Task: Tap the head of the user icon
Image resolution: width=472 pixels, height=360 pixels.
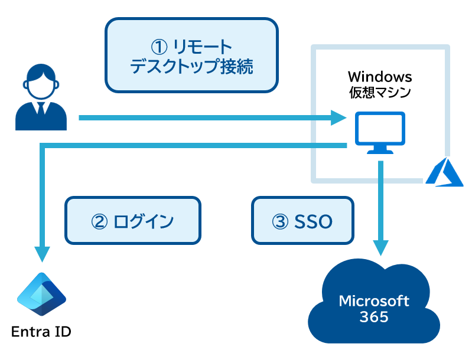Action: (x=41, y=82)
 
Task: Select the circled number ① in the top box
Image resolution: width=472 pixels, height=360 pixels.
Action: (x=159, y=47)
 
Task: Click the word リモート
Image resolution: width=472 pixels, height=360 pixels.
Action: (x=203, y=47)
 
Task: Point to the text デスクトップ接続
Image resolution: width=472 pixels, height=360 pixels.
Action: (x=191, y=67)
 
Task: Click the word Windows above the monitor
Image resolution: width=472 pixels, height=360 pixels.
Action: (x=380, y=77)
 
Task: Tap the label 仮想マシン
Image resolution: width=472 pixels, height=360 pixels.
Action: (x=380, y=92)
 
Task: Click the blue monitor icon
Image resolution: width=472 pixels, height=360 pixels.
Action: (x=380, y=133)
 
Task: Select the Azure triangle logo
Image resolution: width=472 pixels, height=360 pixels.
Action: (x=444, y=172)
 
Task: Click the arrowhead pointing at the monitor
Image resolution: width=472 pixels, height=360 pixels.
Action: (x=338, y=117)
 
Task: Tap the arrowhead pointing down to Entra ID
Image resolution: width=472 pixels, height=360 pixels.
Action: (x=42, y=254)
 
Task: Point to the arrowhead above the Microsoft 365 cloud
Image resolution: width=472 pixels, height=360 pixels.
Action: (x=381, y=248)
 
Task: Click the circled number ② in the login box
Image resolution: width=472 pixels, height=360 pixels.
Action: (x=99, y=222)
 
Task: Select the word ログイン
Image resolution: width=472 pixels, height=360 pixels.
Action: (x=144, y=222)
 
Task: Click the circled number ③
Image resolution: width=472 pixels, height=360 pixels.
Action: (x=280, y=222)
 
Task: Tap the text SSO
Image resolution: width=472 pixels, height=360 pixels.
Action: (x=313, y=222)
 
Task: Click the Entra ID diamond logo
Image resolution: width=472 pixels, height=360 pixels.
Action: (x=41, y=294)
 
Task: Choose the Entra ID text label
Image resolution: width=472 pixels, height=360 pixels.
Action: (x=41, y=332)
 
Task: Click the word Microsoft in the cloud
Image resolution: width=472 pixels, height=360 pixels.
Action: (x=374, y=301)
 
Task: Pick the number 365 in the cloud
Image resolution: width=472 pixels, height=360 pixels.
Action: (x=374, y=317)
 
